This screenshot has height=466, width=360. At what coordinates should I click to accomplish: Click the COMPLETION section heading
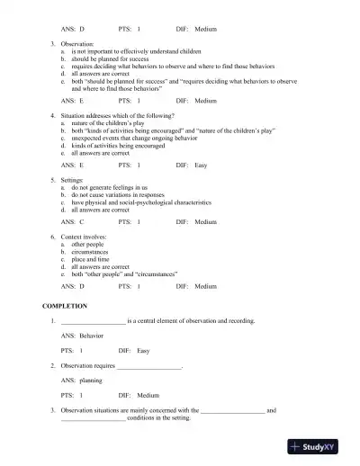point(65,306)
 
